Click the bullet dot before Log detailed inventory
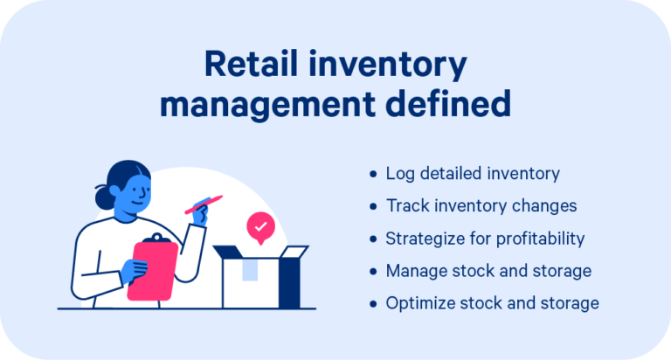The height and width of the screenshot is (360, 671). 374,174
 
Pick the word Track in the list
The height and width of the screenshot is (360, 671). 405,206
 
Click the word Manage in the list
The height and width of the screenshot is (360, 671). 413,271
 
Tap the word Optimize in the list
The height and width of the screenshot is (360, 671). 418,303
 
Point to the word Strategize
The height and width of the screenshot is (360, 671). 425,239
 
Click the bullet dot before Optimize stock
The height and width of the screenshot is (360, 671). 374,303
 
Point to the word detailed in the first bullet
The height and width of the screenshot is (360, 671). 446,174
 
